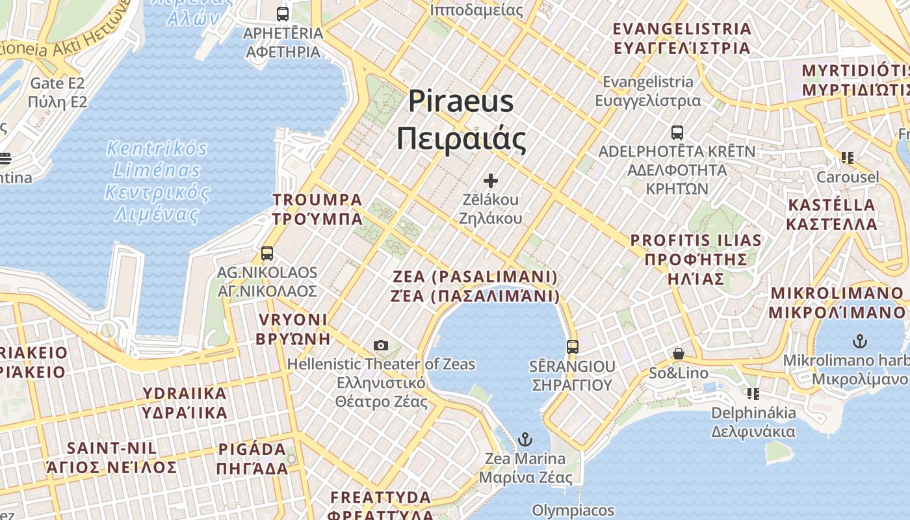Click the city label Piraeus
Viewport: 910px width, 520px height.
[x=461, y=101]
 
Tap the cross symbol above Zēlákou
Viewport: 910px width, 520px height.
[x=491, y=180]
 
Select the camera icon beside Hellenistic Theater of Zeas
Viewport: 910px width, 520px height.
[x=381, y=346]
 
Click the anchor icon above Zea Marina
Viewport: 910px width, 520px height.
[x=525, y=440]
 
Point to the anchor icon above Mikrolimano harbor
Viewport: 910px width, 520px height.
[x=860, y=341]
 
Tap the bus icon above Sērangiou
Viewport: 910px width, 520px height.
[x=572, y=346]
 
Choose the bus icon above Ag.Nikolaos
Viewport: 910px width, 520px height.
[x=267, y=253]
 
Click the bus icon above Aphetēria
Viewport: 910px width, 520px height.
[x=283, y=14]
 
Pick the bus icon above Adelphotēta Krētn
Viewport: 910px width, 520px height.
[x=677, y=133]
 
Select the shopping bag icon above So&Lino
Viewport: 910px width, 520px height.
[x=679, y=354]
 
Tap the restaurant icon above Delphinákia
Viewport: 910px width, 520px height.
[x=753, y=393]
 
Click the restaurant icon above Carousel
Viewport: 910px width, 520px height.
[x=847, y=157]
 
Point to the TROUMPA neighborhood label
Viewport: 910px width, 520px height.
[x=317, y=200]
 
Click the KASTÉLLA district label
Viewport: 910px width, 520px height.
[x=831, y=205]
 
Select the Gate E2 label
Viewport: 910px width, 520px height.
[x=57, y=83]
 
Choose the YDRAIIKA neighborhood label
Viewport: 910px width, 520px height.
[x=185, y=393]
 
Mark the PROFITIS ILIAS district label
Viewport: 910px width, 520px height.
[x=695, y=240]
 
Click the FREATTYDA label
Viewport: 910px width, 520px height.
[x=380, y=498]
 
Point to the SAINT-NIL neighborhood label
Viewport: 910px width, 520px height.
[x=112, y=448]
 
